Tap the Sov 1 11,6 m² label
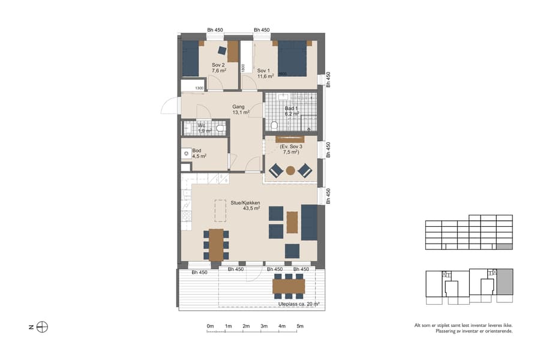pyautogui.click(x=265, y=73)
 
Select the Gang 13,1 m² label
pyautogui.click(x=241, y=110)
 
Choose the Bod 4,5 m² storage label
pyautogui.click(x=199, y=154)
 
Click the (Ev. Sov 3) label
pyautogui.click(x=290, y=149)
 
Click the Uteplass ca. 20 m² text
pyautogui.click(x=298, y=304)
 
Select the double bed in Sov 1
pyautogui.click(x=292, y=58)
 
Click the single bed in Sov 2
pyautogui.click(x=190, y=59)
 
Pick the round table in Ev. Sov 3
pyautogui.click(x=290, y=170)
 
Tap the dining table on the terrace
pyautogui.click(x=289, y=286)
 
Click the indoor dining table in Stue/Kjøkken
pyautogui.click(x=216, y=244)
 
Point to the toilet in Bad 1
pyautogui.click(x=274, y=125)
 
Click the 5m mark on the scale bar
pyautogui.click(x=299, y=326)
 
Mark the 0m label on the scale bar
pyautogui.click(x=210, y=326)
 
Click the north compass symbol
pyautogui.click(x=42, y=327)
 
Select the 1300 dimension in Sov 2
pyautogui.click(x=199, y=88)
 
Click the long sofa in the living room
pyautogui.click(x=309, y=222)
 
